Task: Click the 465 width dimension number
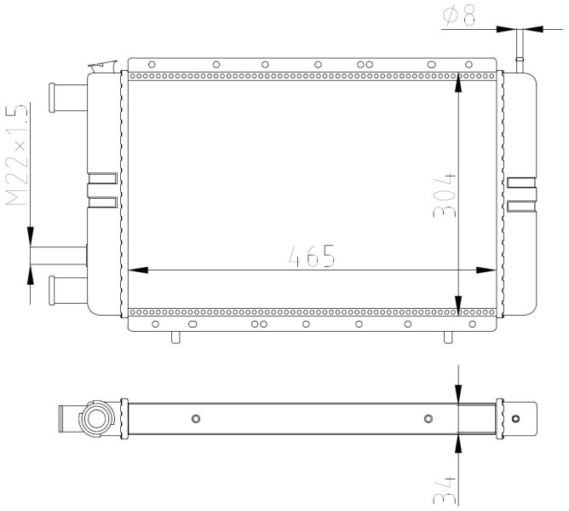coord(312,256)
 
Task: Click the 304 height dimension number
coord(445,195)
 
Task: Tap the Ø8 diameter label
coord(459,15)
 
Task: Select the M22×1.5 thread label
coord(17,155)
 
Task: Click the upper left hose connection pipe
coord(68,98)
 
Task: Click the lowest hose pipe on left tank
coord(68,290)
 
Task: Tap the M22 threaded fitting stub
coord(59,256)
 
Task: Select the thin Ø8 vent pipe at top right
coord(520,51)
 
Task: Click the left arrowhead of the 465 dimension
coord(138,270)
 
